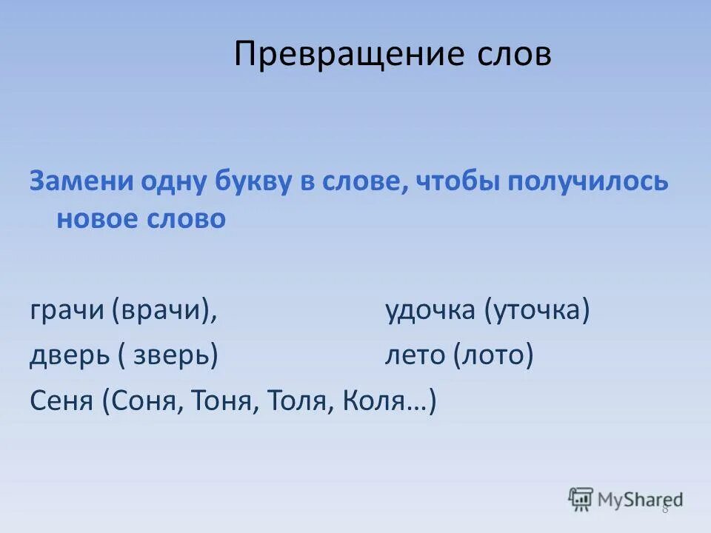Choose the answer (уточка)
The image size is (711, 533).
pos(538,312)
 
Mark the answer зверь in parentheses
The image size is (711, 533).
pos(175,356)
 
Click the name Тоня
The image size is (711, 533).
pos(221,401)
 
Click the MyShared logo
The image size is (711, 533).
pos(626,499)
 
